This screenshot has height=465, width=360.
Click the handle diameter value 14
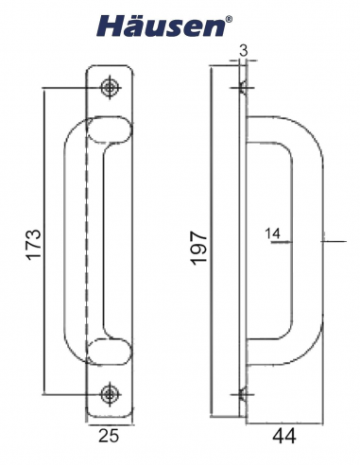point(273,232)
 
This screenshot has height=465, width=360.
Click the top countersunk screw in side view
point(243,90)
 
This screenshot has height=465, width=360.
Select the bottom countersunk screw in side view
point(243,393)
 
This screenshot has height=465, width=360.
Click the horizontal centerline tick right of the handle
point(330,242)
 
